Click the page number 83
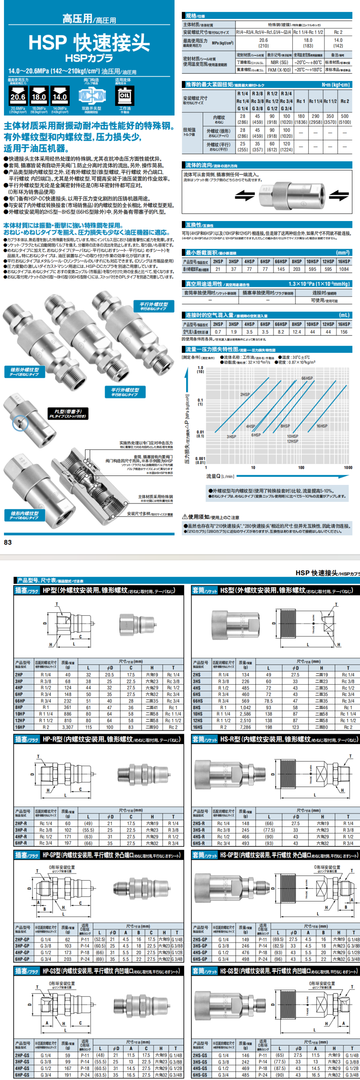point(8,542)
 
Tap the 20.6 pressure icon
point(18,96)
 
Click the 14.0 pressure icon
point(60,96)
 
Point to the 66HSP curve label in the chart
point(307,378)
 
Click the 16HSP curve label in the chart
point(322,426)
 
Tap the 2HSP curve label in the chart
point(245,395)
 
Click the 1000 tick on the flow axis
point(348,468)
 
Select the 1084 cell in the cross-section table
point(344,269)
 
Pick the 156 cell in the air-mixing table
point(344,332)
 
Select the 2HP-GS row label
point(22,1055)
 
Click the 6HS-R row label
point(199,843)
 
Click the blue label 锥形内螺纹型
point(25,515)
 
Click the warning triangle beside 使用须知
point(185,517)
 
